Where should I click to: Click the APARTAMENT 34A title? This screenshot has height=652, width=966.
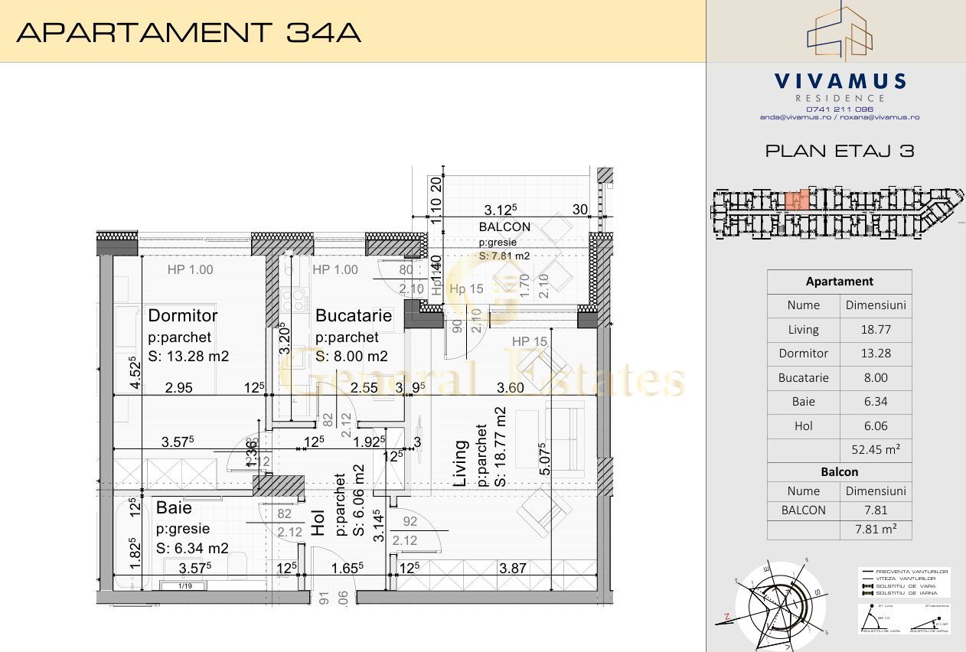(x=188, y=32)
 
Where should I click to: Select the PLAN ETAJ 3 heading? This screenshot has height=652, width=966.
(x=840, y=151)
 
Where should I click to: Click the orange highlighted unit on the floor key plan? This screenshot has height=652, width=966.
(x=797, y=200)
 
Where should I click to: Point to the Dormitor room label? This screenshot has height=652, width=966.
(x=183, y=315)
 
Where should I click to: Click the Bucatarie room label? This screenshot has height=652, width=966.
(x=353, y=315)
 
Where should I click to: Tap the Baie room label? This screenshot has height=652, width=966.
(x=174, y=508)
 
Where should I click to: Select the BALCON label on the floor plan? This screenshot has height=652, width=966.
(x=504, y=227)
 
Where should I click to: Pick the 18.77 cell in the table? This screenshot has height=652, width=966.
(x=876, y=330)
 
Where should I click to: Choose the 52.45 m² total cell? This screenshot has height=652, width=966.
(x=876, y=450)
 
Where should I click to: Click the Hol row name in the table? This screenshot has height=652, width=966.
(x=803, y=426)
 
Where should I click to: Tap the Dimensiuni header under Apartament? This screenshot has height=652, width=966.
(x=876, y=305)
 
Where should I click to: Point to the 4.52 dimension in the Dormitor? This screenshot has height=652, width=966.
(x=135, y=372)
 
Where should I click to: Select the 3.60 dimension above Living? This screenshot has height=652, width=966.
(x=510, y=388)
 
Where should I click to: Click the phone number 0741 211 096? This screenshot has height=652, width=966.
(x=839, y=109)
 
